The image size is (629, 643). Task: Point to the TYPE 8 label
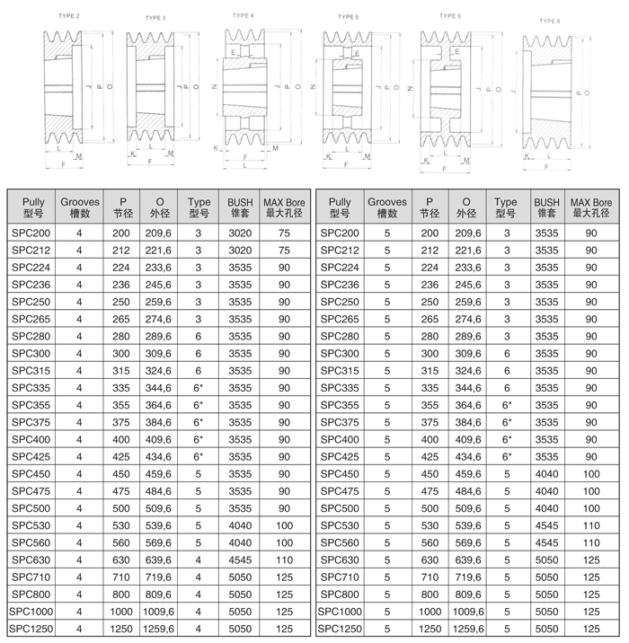[x=550, y=20]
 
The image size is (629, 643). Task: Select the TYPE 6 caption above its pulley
[x=450, y=15]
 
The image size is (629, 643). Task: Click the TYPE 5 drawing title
[x=348, y=16]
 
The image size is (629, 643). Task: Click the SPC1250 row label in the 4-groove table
[x=32, y=630]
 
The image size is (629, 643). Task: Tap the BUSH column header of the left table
[x=240, y=208]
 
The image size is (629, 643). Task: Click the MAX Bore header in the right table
[x=591, y=208]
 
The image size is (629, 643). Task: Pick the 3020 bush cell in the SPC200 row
[x=240, y=233]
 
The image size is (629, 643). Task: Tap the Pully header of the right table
[x=341, y=208]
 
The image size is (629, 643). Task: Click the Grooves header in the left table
[x=79, y=208]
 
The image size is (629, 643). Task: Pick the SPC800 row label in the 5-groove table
[x=341, y=595]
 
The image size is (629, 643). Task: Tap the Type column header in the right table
[x=507, y=208]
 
